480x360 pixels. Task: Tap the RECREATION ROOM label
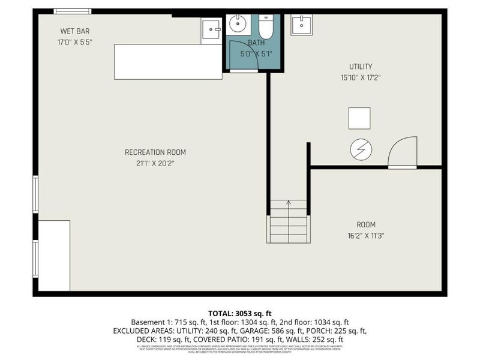150,152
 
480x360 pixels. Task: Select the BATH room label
256,43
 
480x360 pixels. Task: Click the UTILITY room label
361,67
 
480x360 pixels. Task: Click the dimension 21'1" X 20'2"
150,163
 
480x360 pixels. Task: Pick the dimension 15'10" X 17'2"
361,77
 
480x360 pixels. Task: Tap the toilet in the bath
266,27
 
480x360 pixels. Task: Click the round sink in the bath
238,24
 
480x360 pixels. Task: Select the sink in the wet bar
210,28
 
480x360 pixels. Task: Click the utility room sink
301,25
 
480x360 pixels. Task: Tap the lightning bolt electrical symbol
361,149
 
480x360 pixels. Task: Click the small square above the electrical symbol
360,118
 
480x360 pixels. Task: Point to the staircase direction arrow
288,203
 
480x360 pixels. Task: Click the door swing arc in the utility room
401,152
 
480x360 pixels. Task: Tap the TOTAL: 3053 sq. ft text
240,313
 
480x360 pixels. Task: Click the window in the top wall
73,11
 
